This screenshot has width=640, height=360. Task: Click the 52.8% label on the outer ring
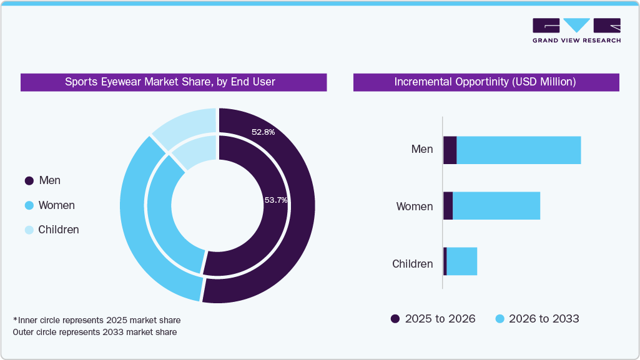coord(263,132)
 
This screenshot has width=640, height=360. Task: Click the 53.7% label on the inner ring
coord(275,200)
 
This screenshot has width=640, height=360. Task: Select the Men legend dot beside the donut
coord(29,181)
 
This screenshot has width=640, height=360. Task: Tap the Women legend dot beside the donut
coord(29,206)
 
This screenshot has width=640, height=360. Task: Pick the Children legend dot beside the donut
coord(29,230)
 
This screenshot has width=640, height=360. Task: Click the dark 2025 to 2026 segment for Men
coord(450,150)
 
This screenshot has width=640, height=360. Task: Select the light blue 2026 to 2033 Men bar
coord(518,150)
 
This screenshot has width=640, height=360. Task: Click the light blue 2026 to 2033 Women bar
coord(496,206)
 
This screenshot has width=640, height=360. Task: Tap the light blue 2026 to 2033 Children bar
coord(461,261)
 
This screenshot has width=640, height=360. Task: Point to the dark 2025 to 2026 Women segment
coord(448,206)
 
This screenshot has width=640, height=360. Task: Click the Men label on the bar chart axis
coord(421,150)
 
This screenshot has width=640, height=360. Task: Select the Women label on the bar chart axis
coord(415,207)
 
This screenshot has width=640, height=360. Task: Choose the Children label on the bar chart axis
coord(412,264)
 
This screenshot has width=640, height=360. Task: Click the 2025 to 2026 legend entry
coord(433,319)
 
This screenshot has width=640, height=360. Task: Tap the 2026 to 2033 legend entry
coord(537,319)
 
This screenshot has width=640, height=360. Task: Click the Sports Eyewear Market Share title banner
coord(174,82)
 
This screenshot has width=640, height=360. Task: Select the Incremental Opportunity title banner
coord(486,82)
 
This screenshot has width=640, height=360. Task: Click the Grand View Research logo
coord(576,31)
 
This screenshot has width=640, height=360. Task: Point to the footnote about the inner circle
coord(97,320)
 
